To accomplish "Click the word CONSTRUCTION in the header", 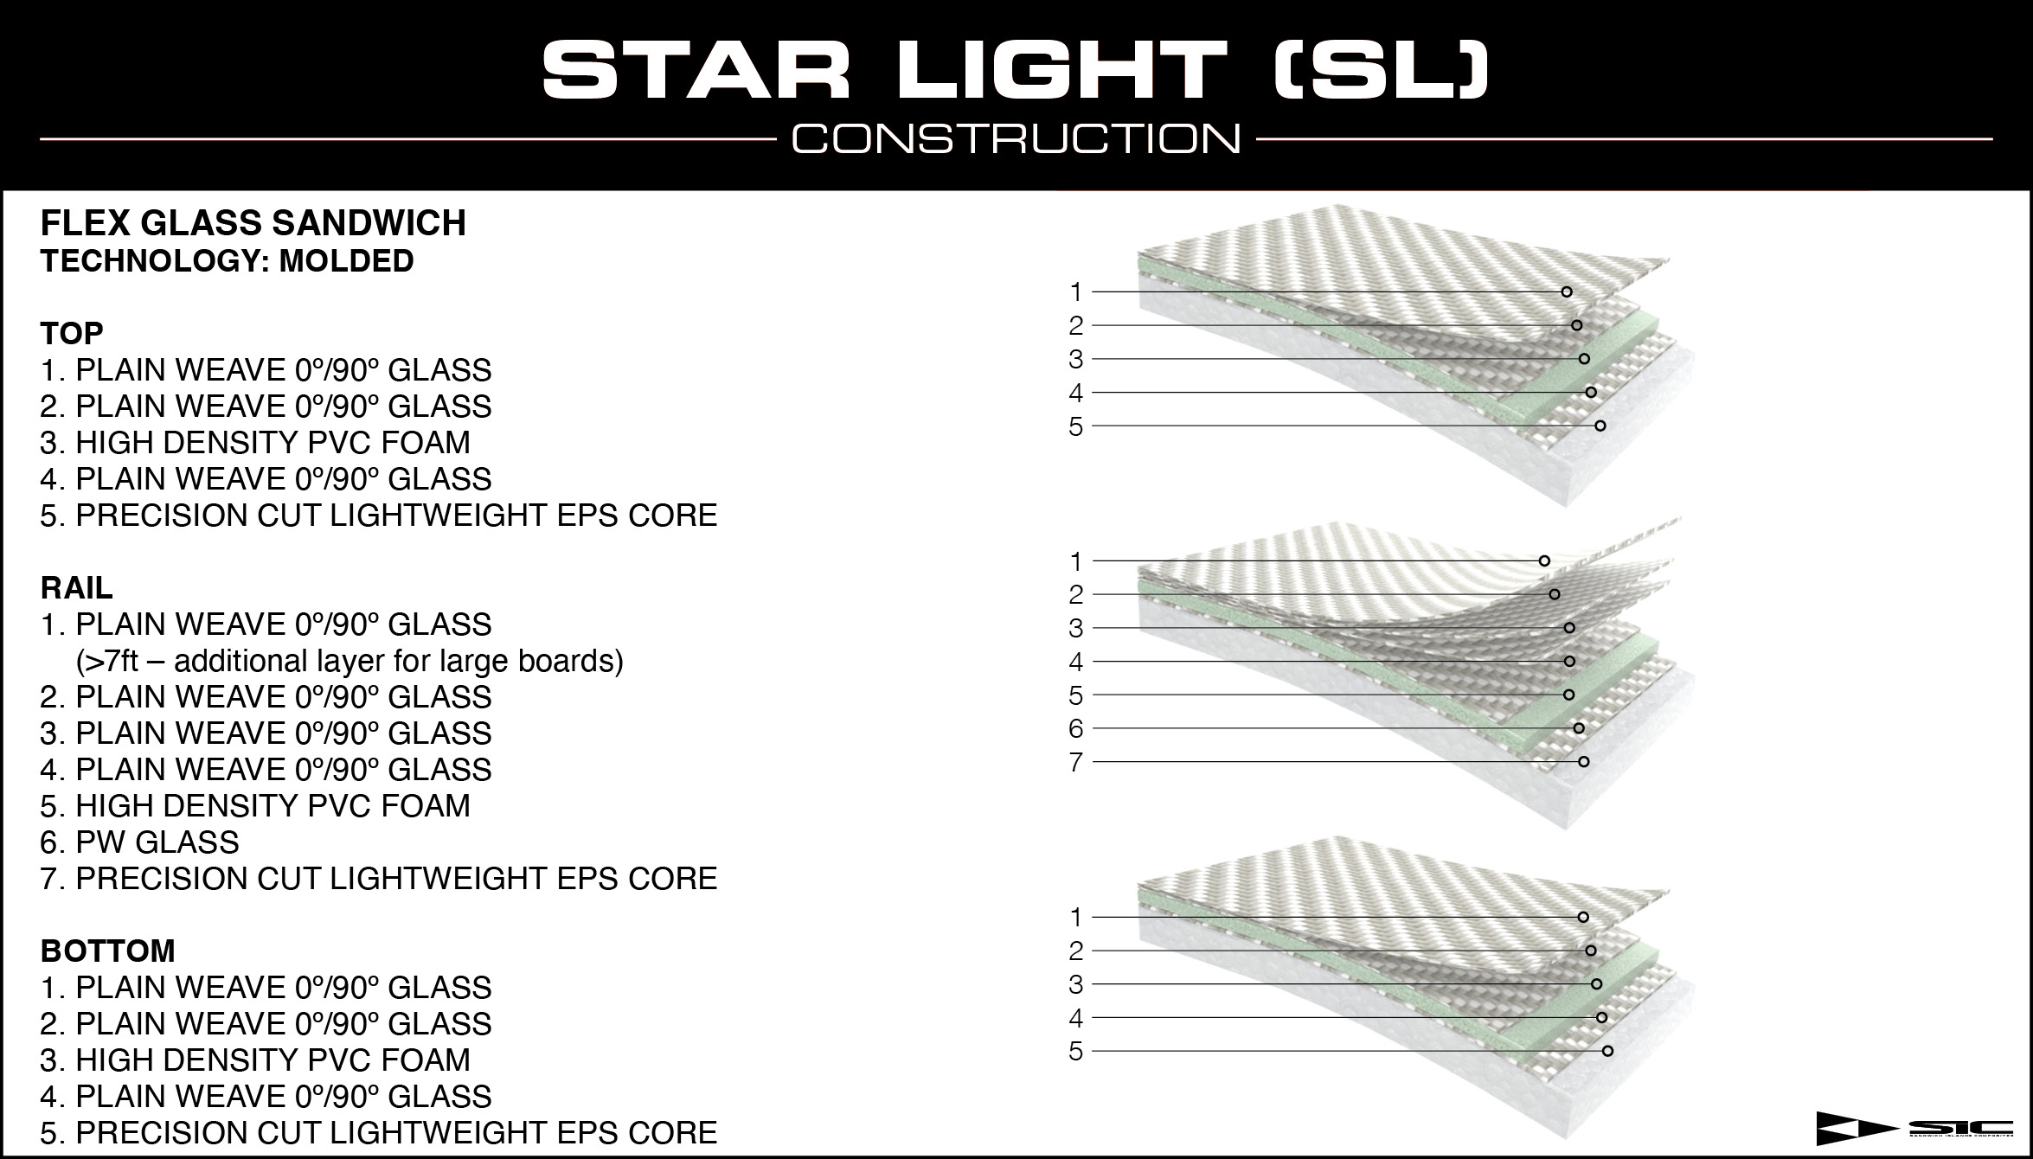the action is click(x=1016, y=139).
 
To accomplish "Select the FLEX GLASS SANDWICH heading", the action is click(x=253, y=223).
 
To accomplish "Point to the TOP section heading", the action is click(x=72, y=333).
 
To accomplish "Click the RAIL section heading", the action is click(x=76, y=588).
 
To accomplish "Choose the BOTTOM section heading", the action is click(x=107, y=951).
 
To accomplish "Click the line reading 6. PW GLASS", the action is click(x=139, y=842).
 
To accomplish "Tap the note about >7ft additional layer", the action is click(x=350, y=661).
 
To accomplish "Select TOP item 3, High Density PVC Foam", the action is click(x=255, y=443).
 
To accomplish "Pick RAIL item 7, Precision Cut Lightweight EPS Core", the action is click(x=379, y=879).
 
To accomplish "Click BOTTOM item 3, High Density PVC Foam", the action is click(x=255, y=1060).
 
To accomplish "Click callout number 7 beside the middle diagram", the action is click(x=1075, y=762).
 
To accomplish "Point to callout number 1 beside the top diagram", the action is click(x=1075, y=292).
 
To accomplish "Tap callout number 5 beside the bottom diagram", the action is click(x=1075, y=1052).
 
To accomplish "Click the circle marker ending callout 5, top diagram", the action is click(x=1600, y=426).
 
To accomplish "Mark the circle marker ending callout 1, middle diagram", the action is click(x=1544, y=561).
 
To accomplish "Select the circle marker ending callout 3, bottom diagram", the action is click(x=1596, y=984).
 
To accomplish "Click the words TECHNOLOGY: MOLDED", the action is click(x=227, y=261).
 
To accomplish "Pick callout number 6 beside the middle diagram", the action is click(x=1075, y=728).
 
